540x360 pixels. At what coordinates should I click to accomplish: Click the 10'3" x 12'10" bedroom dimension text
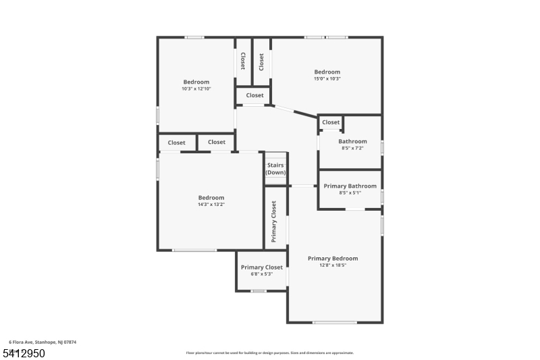click(196, 89)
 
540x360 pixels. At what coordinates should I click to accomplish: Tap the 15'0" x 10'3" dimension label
click(327, 78)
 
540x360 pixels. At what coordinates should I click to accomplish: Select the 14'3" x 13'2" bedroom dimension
click(211, 204)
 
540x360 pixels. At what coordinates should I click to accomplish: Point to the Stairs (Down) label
click(275, 169)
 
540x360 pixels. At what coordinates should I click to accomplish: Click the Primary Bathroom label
click(350, 186)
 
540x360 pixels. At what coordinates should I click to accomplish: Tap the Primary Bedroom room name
click(333, 258)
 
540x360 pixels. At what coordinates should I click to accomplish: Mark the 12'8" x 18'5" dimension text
click(333, 265)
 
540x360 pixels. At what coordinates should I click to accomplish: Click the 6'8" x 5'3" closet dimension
click(262, 274)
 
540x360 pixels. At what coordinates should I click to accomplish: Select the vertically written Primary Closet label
click(275, 222)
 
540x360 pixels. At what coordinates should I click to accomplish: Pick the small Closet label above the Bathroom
click(331, 122)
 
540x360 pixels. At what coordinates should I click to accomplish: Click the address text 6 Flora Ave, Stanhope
click(43, 342)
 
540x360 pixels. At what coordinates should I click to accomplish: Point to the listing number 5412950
click(24, 353)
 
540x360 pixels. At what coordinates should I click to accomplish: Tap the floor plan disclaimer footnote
click(270, 353)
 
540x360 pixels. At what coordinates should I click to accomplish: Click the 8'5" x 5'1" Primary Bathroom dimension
click(350, 192)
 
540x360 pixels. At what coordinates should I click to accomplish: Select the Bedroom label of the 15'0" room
click(327, 72)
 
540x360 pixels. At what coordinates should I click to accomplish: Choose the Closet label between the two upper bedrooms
click(254, 95)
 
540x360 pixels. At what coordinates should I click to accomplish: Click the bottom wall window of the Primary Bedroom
click(335, 322)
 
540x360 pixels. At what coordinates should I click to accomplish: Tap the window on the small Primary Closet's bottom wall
click(259, 291)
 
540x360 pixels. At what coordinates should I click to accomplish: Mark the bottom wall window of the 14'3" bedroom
click(194, 251)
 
